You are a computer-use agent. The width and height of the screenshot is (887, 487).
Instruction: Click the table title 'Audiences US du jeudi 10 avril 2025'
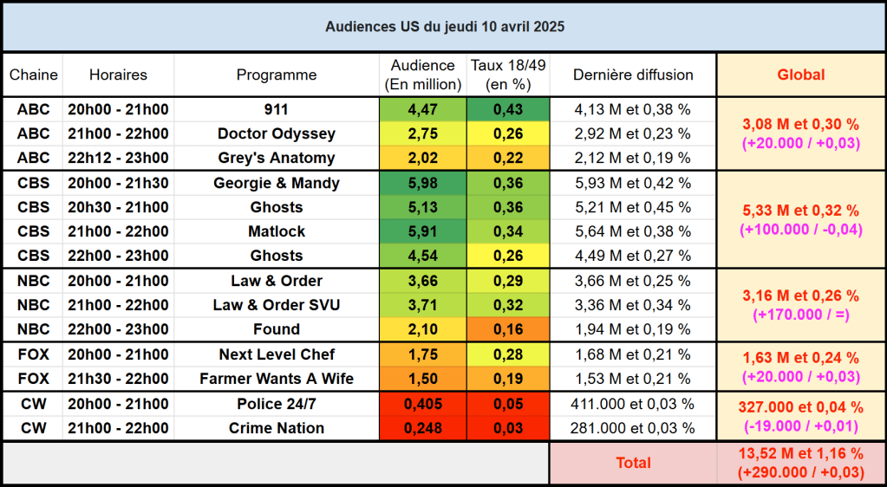(444, 27)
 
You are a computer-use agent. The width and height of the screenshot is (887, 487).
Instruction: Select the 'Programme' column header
(277, 75)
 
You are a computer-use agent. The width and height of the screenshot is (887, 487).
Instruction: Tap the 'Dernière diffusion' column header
(633, 75)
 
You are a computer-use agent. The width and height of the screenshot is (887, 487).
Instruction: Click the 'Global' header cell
(800, 75)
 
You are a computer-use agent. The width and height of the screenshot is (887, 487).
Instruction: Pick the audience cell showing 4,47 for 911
(422, 110)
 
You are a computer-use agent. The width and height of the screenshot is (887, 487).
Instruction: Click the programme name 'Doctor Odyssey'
(277, 134)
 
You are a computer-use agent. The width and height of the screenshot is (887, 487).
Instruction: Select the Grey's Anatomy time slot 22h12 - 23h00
(118, 159)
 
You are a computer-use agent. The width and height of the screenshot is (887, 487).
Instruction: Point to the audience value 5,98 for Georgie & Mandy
(422, 184)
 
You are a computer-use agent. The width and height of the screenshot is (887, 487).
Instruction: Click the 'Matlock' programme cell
(277, 231)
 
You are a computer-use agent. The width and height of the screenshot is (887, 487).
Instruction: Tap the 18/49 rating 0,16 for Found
(508, 329)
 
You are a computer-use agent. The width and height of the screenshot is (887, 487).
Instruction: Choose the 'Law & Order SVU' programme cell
(277, 305)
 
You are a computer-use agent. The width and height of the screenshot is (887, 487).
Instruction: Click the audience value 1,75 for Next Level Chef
(422, 354)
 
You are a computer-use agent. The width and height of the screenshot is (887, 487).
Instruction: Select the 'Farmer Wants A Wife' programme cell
(277, 379)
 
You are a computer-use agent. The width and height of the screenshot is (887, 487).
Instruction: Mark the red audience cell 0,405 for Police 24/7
(422, 404)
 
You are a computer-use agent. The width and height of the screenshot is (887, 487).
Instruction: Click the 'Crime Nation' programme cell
(277, 428)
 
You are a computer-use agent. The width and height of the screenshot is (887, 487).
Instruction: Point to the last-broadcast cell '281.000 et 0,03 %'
(633, 428)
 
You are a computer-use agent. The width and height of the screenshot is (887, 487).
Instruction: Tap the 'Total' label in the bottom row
(633, 463)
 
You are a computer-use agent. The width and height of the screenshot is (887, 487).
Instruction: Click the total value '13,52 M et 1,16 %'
(800, 454)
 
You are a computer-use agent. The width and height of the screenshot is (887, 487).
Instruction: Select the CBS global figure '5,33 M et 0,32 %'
(800, 211)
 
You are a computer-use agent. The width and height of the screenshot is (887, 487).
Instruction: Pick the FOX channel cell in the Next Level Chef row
(34, 354)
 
